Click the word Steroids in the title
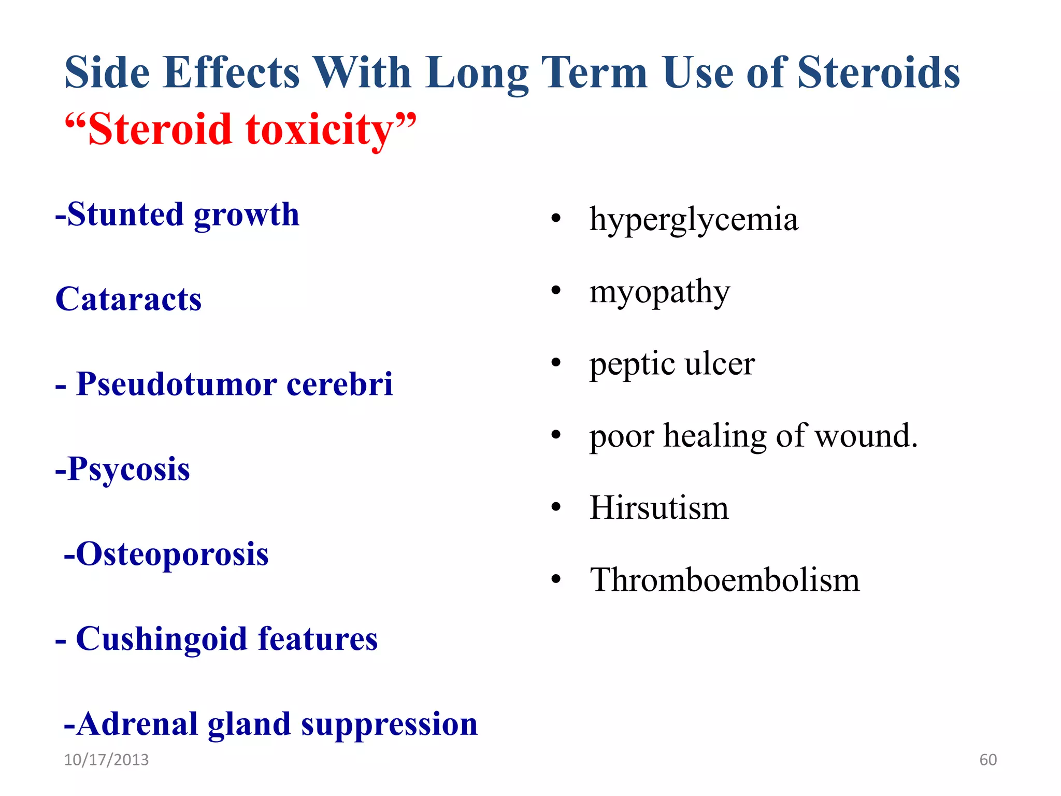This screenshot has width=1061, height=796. pyautogui.click(x=879, y=73)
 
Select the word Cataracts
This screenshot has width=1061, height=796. pyautogui.click(x=128, y=300)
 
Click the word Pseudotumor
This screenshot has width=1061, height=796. pyautogui.click(x=176, y=385)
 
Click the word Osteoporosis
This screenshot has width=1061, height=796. pyautogui.click(x=172, y=554)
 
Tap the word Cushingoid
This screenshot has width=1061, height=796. pyautogui.click(x=161, y=639)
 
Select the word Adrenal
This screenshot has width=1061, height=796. pyautogui.click(x=137, y=723)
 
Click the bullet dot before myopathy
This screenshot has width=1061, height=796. pyautogui.click(x=556, y=290)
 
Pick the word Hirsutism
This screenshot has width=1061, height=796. pyautogui.click(x=659, y=508)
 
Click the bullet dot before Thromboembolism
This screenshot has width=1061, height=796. pyautogui.click(x=556, y=579)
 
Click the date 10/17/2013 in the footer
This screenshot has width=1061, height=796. pyautogui.click(x=106, y=760)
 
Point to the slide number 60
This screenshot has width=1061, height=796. pyautogui.click(x=988, y=760)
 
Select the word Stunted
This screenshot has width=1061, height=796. pyautogui.click(x=125, y=215)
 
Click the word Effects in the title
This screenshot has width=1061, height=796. pyautogui.click(x=231, y=73)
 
